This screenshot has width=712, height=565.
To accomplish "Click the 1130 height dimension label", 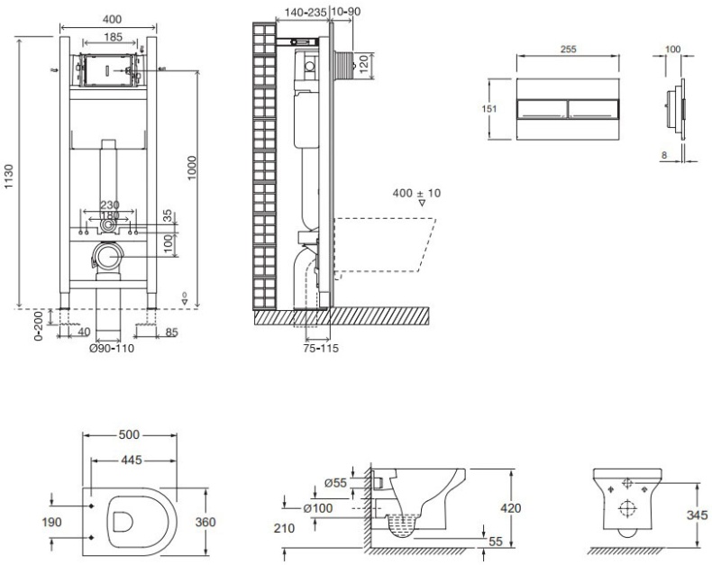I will (x=9, y=178).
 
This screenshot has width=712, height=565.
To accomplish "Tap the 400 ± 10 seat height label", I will (x=417, y=193).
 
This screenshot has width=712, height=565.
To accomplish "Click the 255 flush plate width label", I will (x=568, y=50).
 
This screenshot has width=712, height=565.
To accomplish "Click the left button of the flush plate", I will (x=543, y=109).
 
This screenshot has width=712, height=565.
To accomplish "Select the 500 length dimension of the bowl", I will (x=128, y=434).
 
